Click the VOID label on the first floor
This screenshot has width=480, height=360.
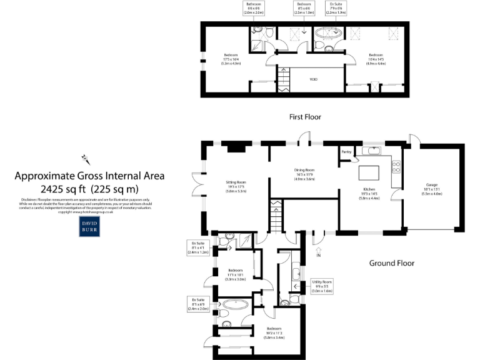click(314, 80)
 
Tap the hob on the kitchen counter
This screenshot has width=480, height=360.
click(396, 166)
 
